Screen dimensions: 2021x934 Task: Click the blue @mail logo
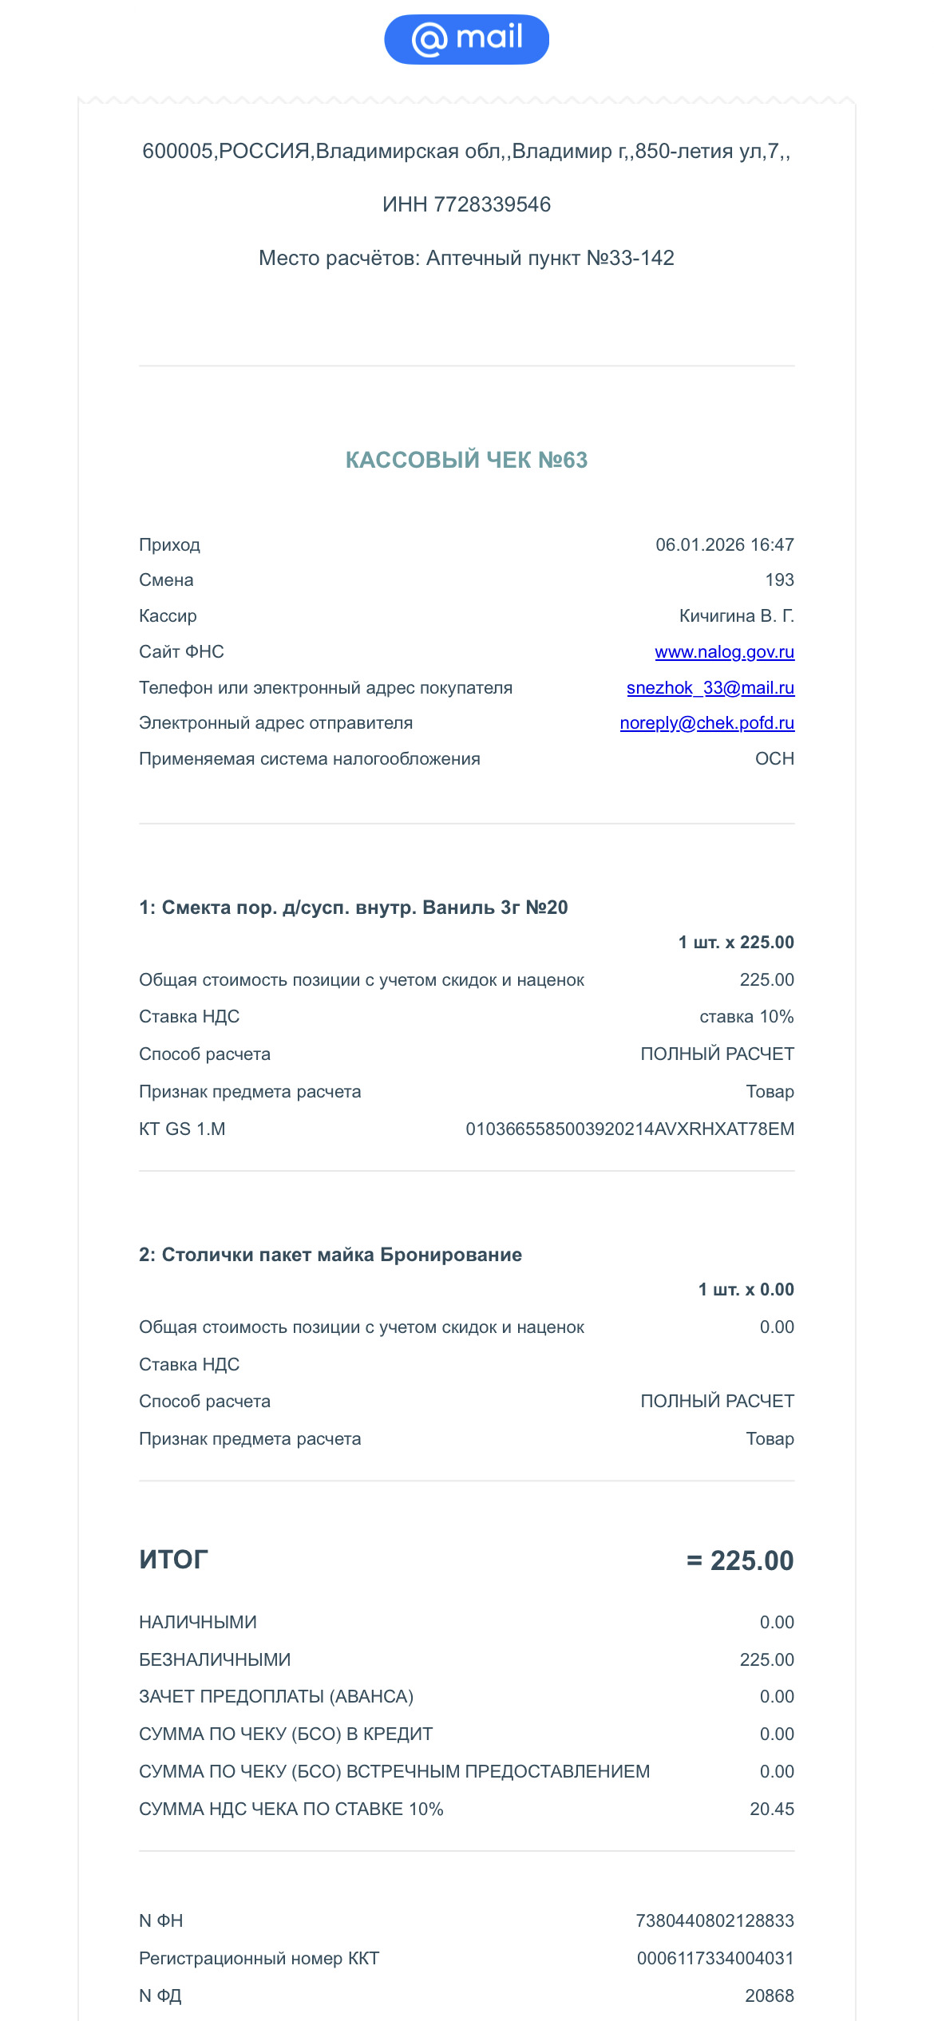coord(466,39)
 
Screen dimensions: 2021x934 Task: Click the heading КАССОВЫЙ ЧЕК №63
coord(466,460)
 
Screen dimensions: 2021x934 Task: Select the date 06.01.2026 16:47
coord(724,545)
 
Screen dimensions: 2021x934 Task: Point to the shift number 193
coord(779,580)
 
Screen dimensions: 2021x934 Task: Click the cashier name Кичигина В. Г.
coord(736,616)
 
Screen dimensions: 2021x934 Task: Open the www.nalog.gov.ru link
coord(724,652)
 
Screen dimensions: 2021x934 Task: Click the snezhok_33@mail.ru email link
coord(710,688)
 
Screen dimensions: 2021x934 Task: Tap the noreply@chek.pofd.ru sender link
coord(706,723)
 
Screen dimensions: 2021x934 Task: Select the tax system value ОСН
coord(774,759)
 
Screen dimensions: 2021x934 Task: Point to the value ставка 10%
coord(746,1017)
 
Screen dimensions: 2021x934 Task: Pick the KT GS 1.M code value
coord(629,1129)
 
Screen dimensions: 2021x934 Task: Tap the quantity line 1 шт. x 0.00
coord(746,1290)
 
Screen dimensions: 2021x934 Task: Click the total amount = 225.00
coord(740,1560)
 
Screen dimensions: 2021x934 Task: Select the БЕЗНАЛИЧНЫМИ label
coord(215,1660)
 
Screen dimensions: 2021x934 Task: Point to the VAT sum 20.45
coord(771,1809)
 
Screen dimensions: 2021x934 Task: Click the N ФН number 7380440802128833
coord(714,1921)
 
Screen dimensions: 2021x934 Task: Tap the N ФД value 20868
coord(769,1996)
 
